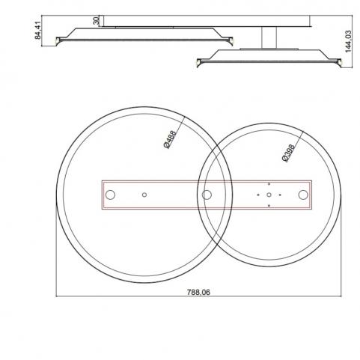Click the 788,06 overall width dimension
pos(198,292)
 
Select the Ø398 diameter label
pos(288,153)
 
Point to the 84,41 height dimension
pos(37,31)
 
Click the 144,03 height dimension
pos(348,41)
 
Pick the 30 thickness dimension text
pos(96,21)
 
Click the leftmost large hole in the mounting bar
pos(110,195)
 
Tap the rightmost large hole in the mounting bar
pos(303,195)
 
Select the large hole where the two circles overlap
pos(207,195)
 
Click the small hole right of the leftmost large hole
pos(144,195)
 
